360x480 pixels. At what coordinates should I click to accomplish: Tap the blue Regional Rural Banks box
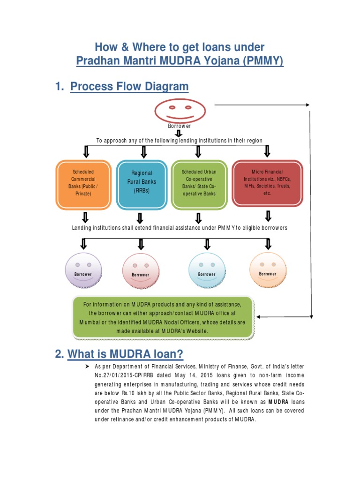(141, 183)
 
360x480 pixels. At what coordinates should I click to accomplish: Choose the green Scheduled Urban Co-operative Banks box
(199, 183)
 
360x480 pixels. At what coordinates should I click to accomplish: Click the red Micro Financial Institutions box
(267, 182)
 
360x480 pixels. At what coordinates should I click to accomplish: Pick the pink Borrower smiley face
(141, 271)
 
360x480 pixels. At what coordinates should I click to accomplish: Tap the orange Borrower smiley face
(268, 269)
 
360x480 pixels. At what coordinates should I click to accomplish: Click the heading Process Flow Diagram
(129, 87)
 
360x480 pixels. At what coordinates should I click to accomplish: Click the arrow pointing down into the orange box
(86, 151)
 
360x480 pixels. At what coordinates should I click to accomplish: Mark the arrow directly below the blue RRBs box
(140, 217)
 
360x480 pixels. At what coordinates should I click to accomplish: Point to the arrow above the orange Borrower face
(268, 244)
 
